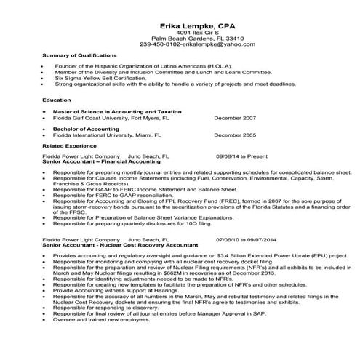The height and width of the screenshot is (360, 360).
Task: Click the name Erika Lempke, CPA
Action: [x=180, y=24]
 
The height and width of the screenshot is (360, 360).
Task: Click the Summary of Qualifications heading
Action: [x=79, y=55]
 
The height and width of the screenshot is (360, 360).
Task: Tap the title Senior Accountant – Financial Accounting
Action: [x=104, y=161]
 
